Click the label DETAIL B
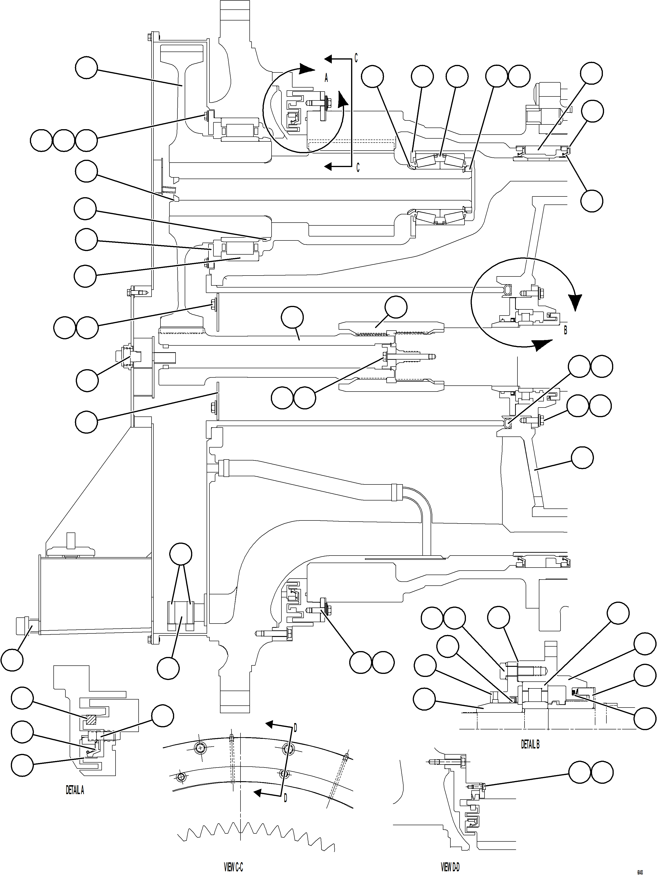(530, 744)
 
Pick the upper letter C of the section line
(356, 58)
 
